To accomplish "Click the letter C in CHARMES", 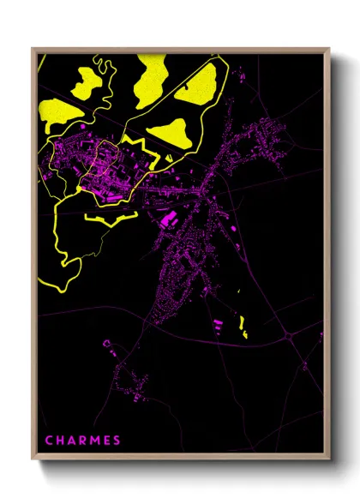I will point(49,441).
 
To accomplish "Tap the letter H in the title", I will point(61,441).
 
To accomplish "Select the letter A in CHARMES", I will point(73,441).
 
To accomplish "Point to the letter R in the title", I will point(84,441).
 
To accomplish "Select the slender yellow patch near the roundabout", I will point(243,327).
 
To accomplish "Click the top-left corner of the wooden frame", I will point(32,48).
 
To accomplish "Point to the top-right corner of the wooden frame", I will point(329,48).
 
